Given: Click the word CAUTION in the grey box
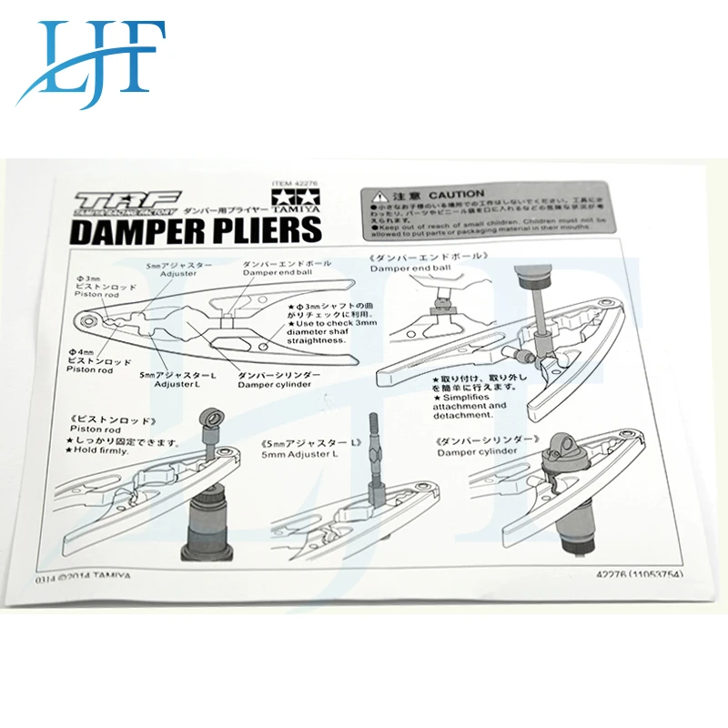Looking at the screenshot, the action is (x=456, y=195).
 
